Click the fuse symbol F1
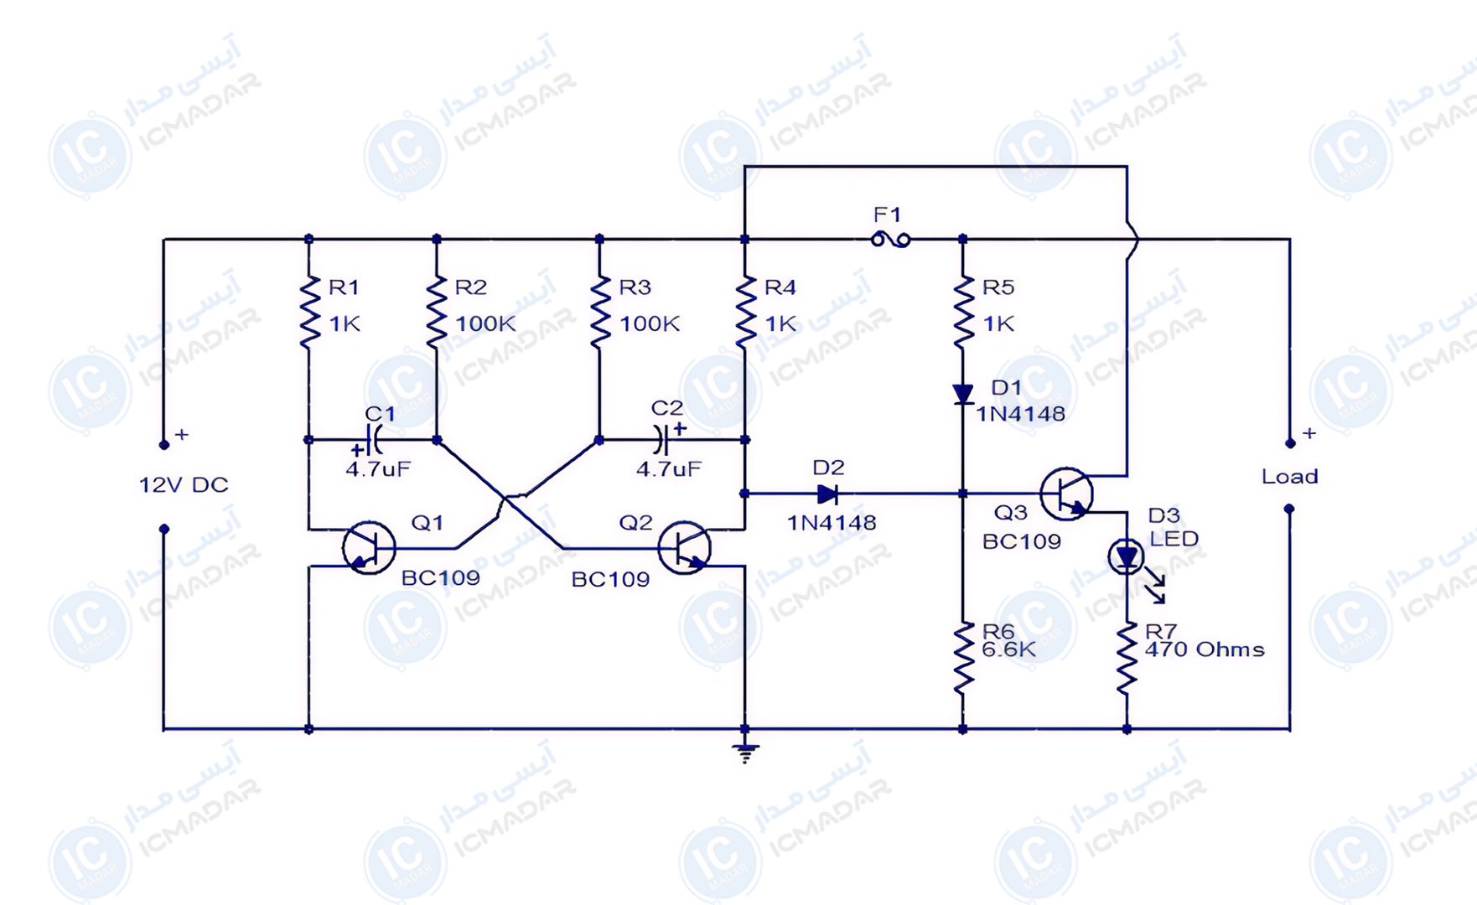coord(890,240)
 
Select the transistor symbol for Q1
coord(369,547)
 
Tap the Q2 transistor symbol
coord(685,547)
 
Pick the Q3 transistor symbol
coord(1066,494)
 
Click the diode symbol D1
coord(962,394)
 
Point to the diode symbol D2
coord(828,494)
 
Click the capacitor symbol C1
coord(375,439)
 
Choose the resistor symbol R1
coord(309,312)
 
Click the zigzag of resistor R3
coord(599,312)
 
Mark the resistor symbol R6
coord(962,658)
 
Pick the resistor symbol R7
coord(1127,658)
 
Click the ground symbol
coord(745,752)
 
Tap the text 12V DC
coord(184,485)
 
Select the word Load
coord(1290,477)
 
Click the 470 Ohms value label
coord(1205,649)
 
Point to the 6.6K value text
coord(1009,649)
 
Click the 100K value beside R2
coord(485,323)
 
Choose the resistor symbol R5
coord(962,312)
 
